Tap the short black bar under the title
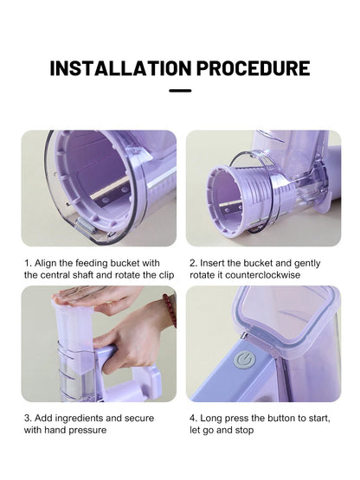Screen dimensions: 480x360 click(180, 91)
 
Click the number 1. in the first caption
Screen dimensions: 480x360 click(28, 261)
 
